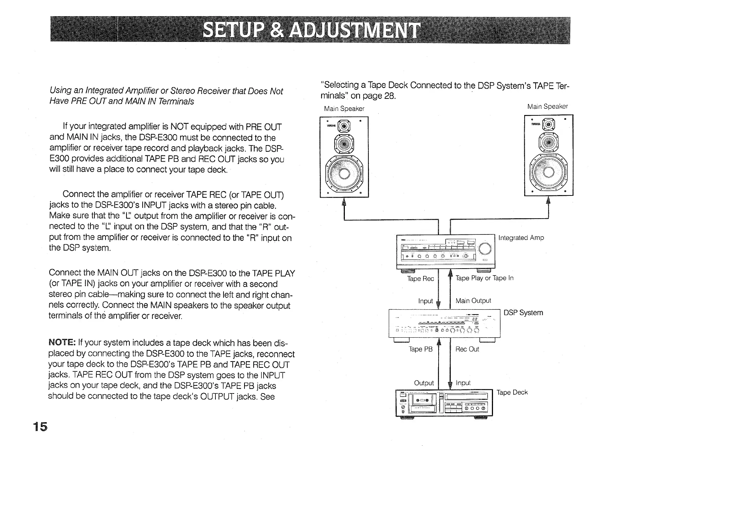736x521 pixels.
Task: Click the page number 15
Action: point(40,427)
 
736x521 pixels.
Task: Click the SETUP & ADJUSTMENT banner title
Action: point(311,30)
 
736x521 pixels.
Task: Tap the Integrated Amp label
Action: point(521,238)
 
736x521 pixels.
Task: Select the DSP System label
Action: point(523,313)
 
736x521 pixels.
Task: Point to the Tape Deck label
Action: point(512,392)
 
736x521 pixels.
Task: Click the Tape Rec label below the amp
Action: point(421,279)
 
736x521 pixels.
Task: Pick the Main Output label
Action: point(473,301)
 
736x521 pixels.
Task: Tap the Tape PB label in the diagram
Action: point(421,349)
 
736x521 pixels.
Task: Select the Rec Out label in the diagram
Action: point(467,349)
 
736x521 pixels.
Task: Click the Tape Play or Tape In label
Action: point(484,278)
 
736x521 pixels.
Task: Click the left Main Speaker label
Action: point(344,109)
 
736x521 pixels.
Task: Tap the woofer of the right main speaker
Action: point(549,172)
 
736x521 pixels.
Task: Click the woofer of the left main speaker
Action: point(344,173)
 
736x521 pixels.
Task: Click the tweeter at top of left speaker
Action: point(344,126)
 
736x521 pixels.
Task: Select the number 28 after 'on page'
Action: point(389,96)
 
